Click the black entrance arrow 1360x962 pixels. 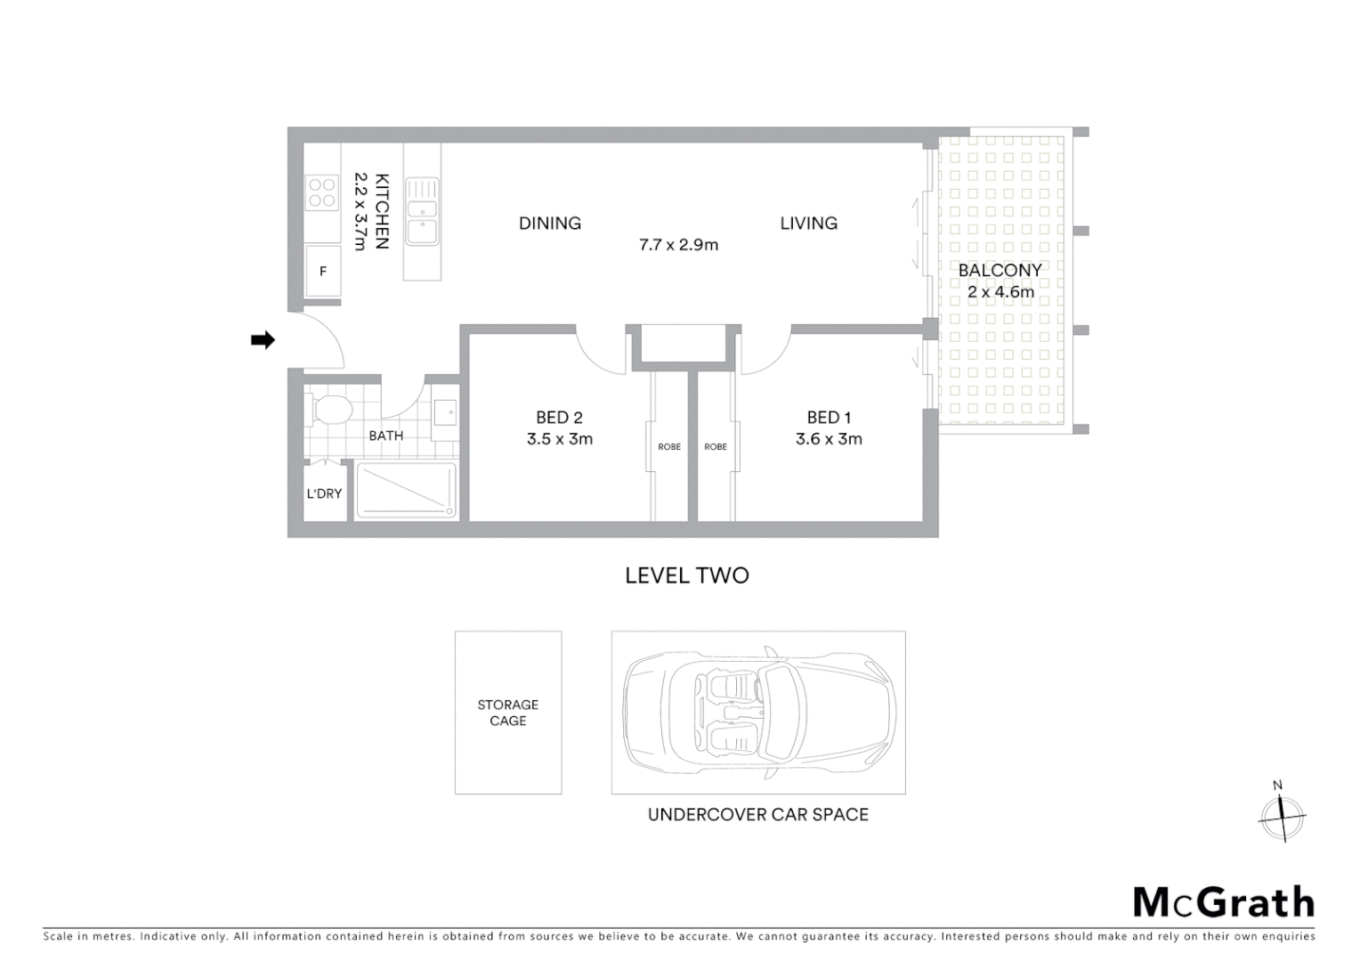click(263, 339)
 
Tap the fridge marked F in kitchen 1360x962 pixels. click(323, 271)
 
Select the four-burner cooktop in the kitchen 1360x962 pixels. click(322, 193)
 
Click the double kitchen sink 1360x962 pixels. click(422, 212)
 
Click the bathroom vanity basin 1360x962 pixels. click(445, 414)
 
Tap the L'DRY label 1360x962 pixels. click(324, 493)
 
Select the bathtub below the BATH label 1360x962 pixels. click(407, 490)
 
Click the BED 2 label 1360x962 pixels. click(559, 417)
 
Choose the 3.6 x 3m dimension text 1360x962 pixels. click(829, 438)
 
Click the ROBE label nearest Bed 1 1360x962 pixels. click(716, 446)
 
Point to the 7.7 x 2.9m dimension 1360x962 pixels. click(678, 244)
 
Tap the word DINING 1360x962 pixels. click(550, 224)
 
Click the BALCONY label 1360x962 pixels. click(1000, 270)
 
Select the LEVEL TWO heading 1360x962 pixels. click(686, 575)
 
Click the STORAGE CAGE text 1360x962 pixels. click(508, 713)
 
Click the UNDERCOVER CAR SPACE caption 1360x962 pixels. click(757, 814)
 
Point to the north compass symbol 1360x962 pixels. click(1282, 814)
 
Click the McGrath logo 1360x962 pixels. click(1224, 902)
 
